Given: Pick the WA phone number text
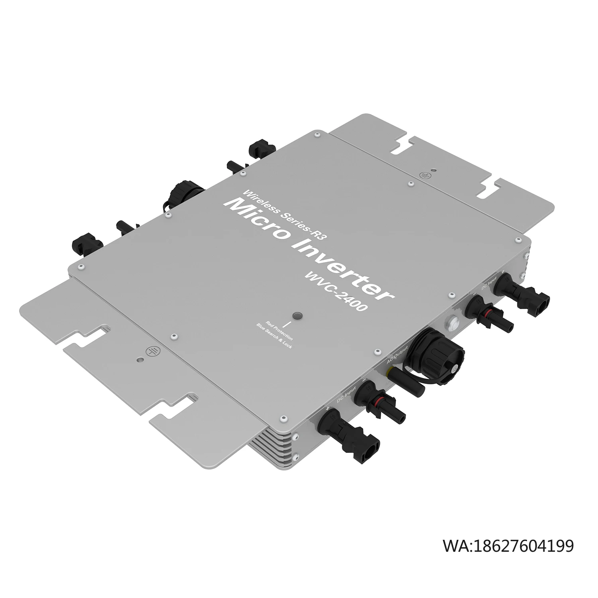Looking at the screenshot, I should (x=508, y=545).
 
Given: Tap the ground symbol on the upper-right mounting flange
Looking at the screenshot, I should (x=425, y=174).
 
